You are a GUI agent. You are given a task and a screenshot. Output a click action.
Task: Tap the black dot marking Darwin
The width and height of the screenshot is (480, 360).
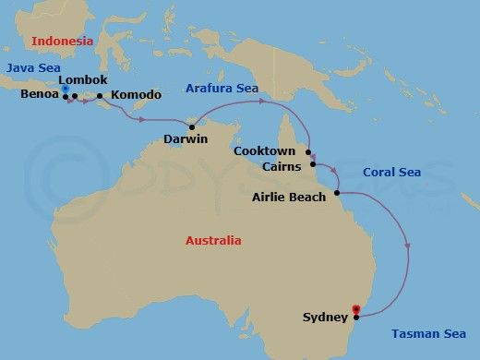pyautogui.click(x=192, y=126)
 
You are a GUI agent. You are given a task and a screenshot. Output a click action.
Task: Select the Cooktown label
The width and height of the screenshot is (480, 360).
pyautogui.click(x=264, y=150)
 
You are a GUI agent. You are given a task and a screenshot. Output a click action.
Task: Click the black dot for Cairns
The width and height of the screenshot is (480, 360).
pyautogui.click(x=312, y=164)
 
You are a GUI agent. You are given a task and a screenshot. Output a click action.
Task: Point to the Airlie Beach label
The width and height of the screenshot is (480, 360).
pyautogui.click(x=290, y=197)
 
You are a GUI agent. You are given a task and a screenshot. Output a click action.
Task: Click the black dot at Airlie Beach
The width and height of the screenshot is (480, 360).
pyautogui.click(x=337, y=192)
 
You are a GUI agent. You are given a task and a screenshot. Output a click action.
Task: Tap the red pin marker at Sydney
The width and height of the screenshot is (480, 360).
pyautogui.click(x=356, y=310)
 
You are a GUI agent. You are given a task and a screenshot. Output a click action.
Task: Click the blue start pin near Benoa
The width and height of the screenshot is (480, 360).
pyautogui.click(x=66, y=90)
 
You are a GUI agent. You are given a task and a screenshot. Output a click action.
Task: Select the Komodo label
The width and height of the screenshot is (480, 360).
pyautogui.click(x=136, y=95)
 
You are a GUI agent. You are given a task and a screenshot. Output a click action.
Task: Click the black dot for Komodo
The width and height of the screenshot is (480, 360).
pyautogui.click(x=100, y=95)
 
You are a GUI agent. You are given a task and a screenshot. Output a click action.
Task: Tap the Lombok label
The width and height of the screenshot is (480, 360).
pyautogui.click(x=83, y=80)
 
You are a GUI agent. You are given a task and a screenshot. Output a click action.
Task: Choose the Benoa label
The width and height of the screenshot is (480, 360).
pyautogui.click(x=40, y=94)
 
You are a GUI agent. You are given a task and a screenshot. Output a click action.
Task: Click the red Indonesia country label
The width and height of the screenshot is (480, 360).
pyautogui.click(x=62, y=42)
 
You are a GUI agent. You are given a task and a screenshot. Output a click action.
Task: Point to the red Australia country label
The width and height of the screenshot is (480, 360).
pyautogui.click(x=213, y=241)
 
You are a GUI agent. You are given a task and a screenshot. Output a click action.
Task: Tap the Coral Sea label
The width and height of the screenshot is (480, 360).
pyautogui.click(x=391, y=173)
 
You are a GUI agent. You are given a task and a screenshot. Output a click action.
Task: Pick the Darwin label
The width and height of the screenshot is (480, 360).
pyautogui.click(x=185, y=139)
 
